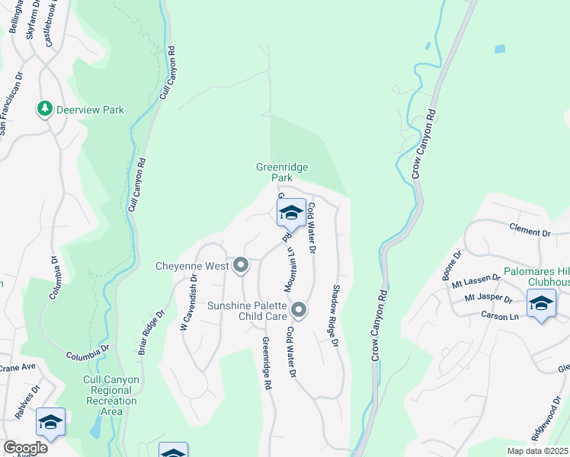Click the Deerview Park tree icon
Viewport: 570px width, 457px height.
pyautogui.click(x=45, y=109)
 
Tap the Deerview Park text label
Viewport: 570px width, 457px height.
pyautogui.click(x=91, y=110)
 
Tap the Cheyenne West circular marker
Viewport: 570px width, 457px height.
pyautogui.click(x=241, y=265)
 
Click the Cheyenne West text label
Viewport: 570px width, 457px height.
pyautogui.click(x=191, y=266)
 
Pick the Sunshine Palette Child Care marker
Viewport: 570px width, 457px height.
pyautogui.click(x=299, y=309)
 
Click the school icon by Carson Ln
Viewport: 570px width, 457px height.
pyautogui.click(x=541, y=304)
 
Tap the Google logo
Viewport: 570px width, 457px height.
pyautogui.click(x=24, y=448)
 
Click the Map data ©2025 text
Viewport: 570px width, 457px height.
pyautogui.click(x=537, y=451)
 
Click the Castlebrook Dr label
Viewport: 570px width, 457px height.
pyautogui.click(x=52, y=24)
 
